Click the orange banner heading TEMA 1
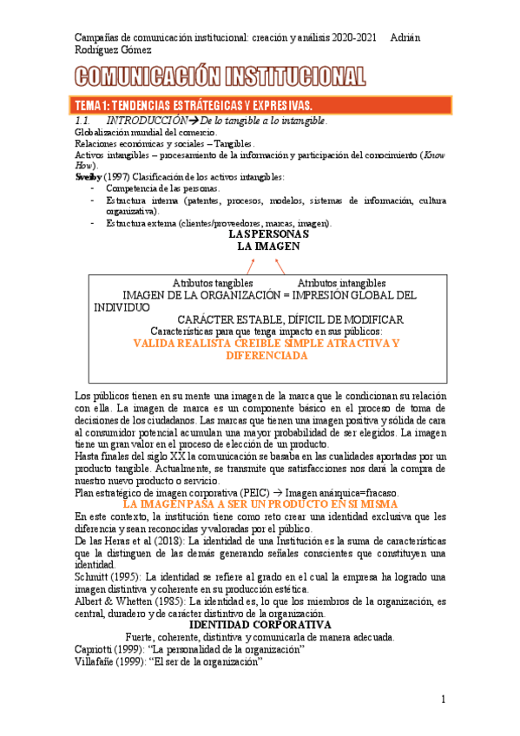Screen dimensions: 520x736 pos(217,105)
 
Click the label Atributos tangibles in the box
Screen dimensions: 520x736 pos(213,283)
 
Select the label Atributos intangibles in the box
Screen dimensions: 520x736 pos(341,283)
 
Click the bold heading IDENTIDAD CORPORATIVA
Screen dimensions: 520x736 pos(260,624)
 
